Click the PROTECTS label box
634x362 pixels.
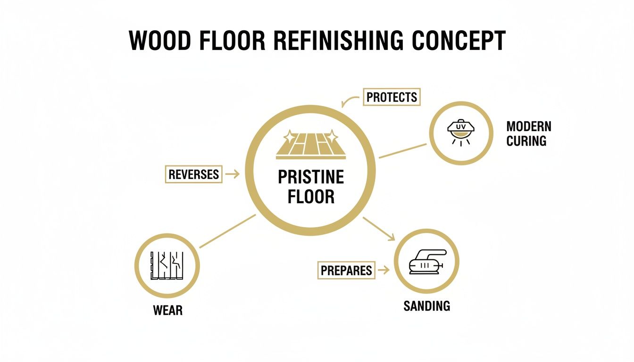click(392, 98)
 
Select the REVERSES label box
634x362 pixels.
click(194, 174)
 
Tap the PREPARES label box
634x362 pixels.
click(346, 270)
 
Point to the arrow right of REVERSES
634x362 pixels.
click(232, 174)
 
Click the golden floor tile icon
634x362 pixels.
click(310, 143)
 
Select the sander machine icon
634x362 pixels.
click(426, 262)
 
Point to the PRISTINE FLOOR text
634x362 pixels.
click(311, 187)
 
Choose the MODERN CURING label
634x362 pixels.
click(528, 133)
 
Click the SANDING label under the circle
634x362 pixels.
click(426, 306)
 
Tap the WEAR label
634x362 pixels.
click(167, 311)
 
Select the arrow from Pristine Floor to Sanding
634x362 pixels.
click(379, 229)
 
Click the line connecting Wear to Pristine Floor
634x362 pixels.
click(228, 231)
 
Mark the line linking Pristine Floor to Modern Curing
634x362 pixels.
click(402, 151)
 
